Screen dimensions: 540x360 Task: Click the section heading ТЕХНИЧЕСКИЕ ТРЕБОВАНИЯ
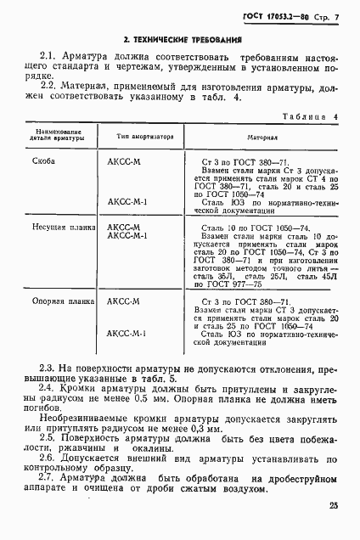click(x=178, y=40)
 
